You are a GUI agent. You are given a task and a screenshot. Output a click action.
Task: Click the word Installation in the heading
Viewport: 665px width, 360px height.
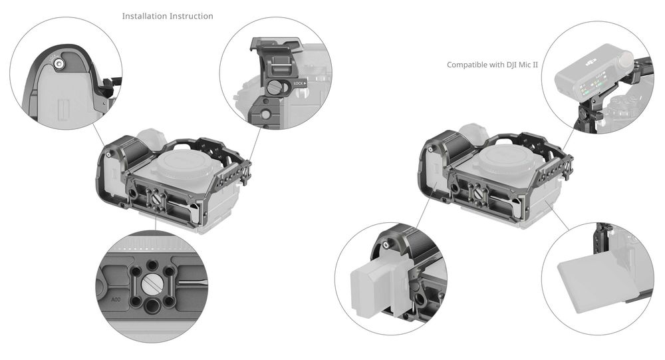click(144, 16)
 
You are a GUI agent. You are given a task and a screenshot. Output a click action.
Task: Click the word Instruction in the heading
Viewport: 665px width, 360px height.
click(191, 16)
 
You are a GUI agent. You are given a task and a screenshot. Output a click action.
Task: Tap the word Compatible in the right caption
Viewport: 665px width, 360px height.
click(467, 65)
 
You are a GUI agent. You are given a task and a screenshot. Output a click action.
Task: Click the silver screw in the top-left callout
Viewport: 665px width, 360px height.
click(60, 64)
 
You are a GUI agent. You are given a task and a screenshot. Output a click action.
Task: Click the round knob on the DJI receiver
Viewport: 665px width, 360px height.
click(626, 64)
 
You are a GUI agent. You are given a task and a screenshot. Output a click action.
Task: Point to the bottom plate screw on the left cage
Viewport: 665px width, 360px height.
click(156, 196)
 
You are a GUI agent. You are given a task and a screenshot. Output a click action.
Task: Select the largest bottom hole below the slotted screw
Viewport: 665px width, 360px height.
click(154, 306)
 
